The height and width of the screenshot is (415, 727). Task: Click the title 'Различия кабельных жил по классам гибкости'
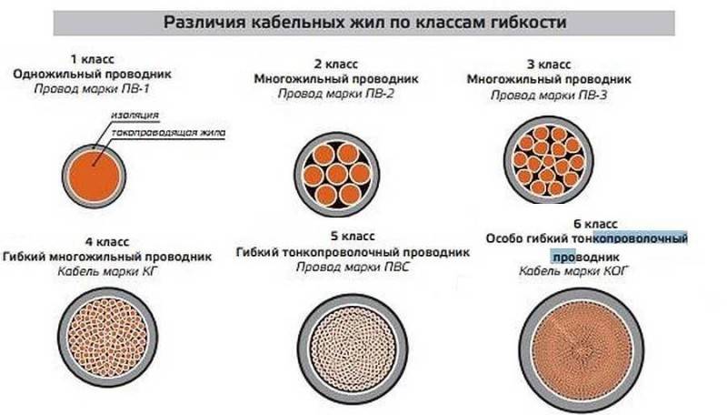click(x=365, y=22)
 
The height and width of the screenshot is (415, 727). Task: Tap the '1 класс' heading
click(x=93, y=59)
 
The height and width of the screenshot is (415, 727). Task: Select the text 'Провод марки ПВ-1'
click(x=92, y=88)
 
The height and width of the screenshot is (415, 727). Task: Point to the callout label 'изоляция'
click(x=134, y=115)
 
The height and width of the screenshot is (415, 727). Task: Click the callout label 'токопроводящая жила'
click(x=168, y=133)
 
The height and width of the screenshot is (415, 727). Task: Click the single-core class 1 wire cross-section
click(x=95, y=176)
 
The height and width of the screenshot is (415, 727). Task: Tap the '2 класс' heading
click(x=336, y=64)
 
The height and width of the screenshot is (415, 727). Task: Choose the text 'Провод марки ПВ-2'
click(x=336, y=94)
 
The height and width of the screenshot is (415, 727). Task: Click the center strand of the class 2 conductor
click(x=337, y=175)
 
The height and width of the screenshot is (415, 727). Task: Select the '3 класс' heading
click(x=549, y=65)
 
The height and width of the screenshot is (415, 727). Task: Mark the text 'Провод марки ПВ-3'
click(x=549, y=96)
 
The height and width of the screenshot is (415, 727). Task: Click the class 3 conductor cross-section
click(x=549, y=160)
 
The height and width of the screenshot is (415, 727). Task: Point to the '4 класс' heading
click(x=107, y=242)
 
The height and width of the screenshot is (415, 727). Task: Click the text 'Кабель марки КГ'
click(x=107, y=271)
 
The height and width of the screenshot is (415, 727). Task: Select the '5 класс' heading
click(x=353, y=237)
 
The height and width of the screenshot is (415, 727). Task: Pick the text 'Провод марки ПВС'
click(x=353, y=267)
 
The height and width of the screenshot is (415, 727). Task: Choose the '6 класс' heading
click(x=595, y=224)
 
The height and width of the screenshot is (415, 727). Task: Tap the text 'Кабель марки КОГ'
click(x=573, y=271)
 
